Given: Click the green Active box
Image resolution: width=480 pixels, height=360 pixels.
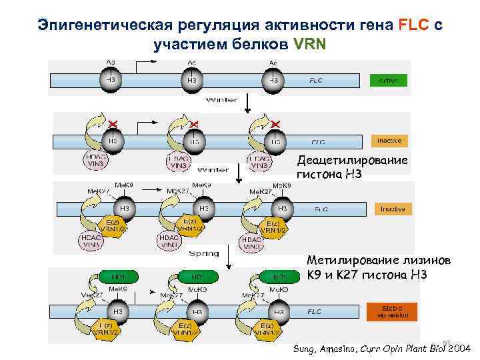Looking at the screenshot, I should [388, 81].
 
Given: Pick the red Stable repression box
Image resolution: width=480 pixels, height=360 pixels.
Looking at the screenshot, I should [388, 311].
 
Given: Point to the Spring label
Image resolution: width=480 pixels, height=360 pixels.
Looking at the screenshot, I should [203, 253].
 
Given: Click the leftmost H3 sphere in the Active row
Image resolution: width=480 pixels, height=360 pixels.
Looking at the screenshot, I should [111, 80].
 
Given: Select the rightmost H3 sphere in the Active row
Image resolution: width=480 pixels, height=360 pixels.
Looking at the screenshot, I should [273, 80].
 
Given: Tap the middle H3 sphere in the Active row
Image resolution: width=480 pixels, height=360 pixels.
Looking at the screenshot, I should [192, 80].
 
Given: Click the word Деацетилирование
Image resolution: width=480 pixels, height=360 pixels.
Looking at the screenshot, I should [351, 161].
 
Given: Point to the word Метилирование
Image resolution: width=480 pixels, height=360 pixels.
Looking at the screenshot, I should [345, 260].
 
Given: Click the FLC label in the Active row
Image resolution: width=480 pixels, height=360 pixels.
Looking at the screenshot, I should [315, 81].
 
